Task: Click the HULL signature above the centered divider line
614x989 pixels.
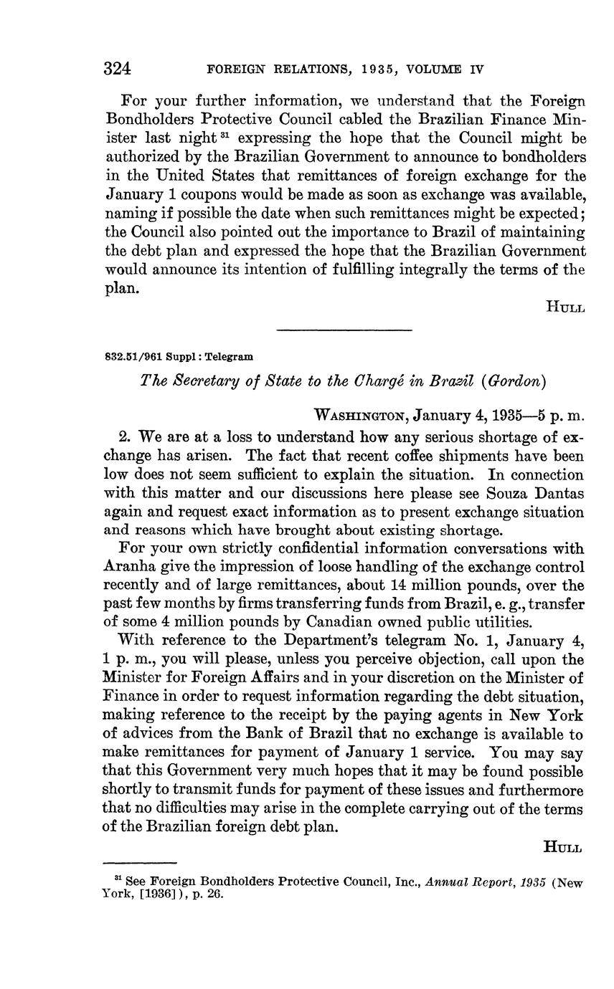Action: (565, 307)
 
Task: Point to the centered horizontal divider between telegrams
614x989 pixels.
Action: (344, 330)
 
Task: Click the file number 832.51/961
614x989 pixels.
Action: (133, 356)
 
